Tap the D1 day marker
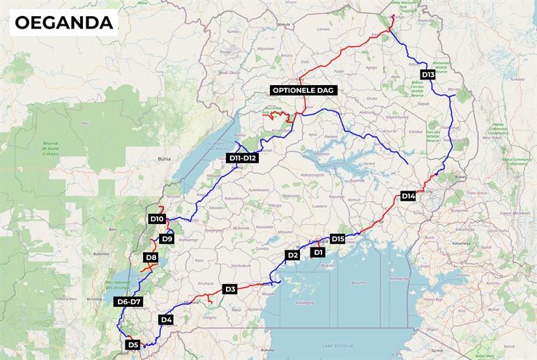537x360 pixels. coord(318,253)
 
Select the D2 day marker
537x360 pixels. coord(293,255)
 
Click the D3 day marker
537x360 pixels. coord(230,289)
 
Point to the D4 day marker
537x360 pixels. coord(166,320)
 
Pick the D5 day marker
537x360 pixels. coord(133,345)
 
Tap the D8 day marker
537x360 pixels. coord(151,258)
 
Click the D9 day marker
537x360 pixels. coord(167,239)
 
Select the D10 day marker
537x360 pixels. coord(157,219)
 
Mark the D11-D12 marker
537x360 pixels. coord(243,158)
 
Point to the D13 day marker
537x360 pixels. coord(428,75)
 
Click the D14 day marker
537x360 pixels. coord(409,196)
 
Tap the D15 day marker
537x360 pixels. coord(338,239)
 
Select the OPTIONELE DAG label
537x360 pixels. coord(304,91)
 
